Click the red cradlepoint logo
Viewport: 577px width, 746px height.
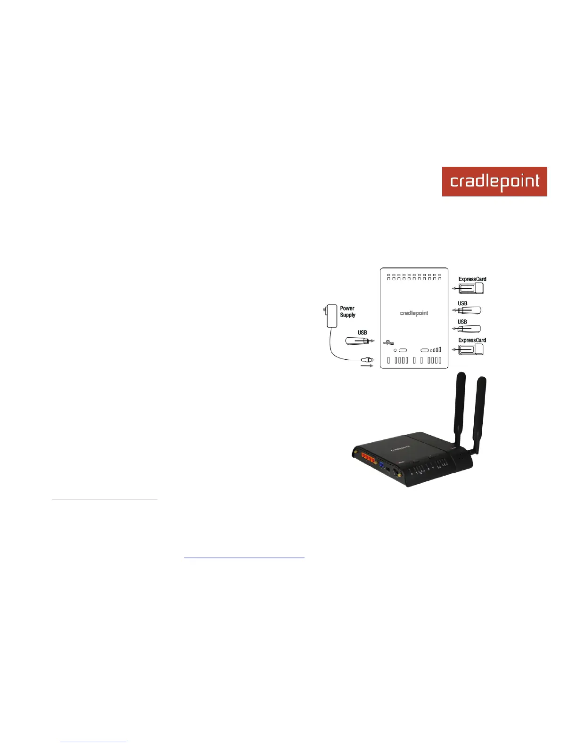(x=494, y=181)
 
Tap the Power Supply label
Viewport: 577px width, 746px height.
(x=347, y=312)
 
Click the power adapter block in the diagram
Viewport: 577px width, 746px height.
(x=332, y=316)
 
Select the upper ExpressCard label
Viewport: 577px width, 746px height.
(x=472, y=279)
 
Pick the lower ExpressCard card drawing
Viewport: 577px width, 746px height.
(x=471, y=349)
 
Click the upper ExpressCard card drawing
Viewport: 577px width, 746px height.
(x=471, y=288)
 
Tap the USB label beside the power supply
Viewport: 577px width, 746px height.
(x=362, y=332)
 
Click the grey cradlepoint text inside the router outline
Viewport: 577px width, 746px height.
(x=414, y=313)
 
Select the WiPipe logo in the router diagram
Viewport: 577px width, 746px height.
(x=388, y=342)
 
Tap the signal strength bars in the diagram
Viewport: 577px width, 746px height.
(x=436, y=350)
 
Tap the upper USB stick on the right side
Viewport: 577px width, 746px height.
(x=470, y=310)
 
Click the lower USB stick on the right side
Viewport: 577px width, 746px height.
(x=470, y=329)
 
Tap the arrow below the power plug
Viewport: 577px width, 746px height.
(x=367, y=366)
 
